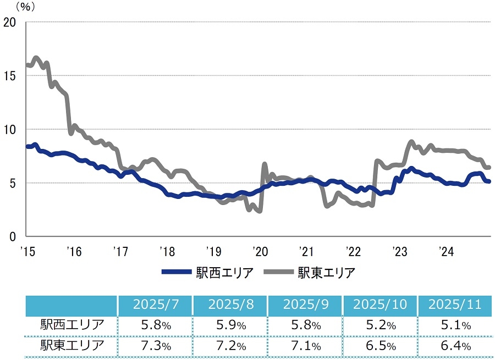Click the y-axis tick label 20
[10, 22]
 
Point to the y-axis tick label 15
[10, 75]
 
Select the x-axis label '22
[352, 252]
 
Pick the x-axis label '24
[445, 252]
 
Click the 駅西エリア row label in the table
[72, 325]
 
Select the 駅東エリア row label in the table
[72, 346]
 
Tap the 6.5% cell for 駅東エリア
[380, 346]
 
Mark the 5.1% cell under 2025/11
[455, 325]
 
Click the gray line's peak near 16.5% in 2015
[36, 57]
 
